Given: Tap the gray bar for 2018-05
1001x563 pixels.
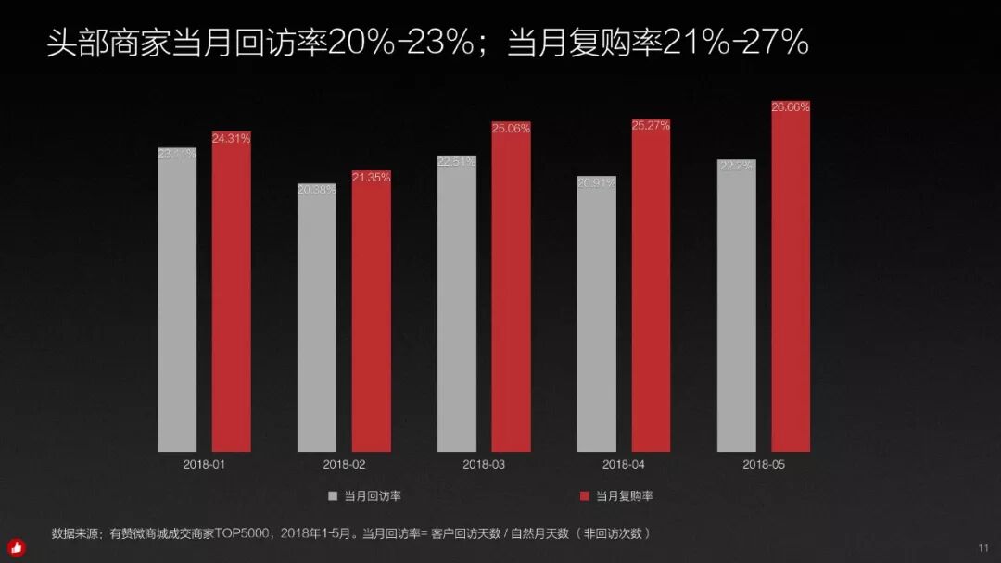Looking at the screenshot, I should point(736,306).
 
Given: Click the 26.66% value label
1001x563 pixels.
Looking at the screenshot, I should point(791,107).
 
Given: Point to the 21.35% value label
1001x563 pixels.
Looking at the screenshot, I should point(371,177).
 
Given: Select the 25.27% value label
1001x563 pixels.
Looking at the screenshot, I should point(651,125).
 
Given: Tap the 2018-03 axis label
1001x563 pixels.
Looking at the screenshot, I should point(483,464).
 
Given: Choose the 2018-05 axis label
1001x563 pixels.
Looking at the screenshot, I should point(764,464).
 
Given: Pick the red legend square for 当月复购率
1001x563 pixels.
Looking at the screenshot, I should point(585,496).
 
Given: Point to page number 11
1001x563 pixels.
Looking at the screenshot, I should point(983,548).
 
